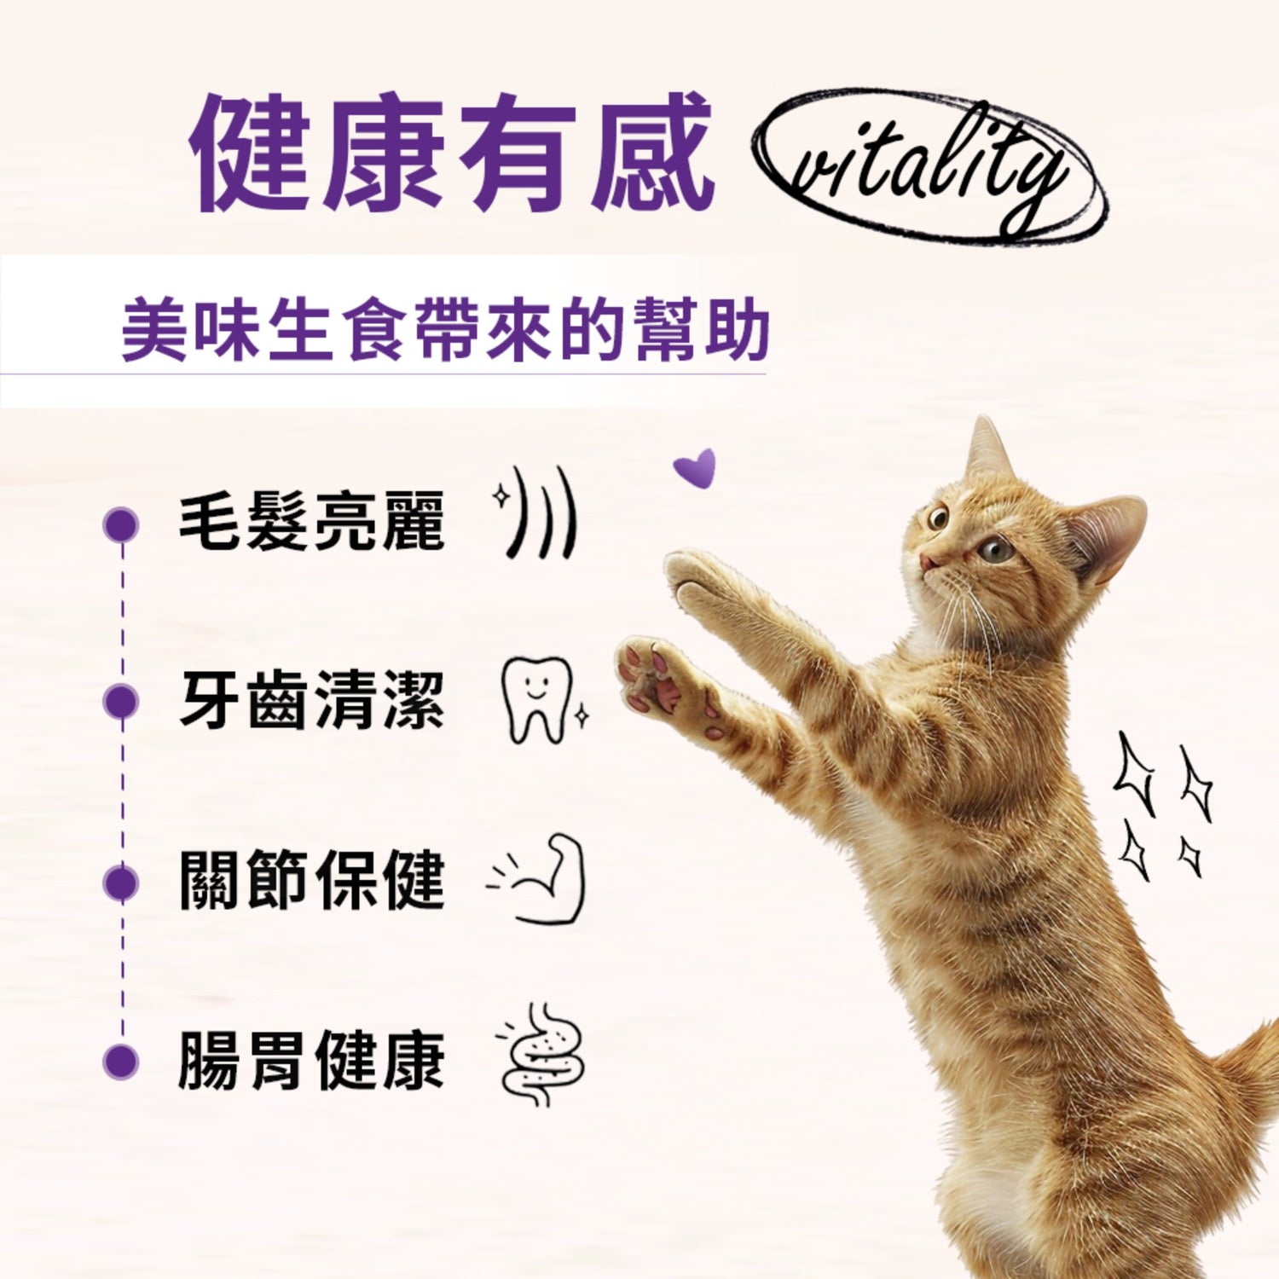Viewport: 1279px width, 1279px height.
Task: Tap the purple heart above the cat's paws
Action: [x=696, y=467]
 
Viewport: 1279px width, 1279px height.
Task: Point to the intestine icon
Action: [x=541, y=1054]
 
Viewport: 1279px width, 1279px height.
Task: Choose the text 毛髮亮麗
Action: [x=311, y=521]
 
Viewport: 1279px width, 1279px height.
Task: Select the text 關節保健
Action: [x=311, y=880]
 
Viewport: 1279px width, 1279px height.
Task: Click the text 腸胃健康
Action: [x=311, y=1060]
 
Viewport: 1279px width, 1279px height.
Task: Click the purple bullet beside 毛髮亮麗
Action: [x=121, y=524]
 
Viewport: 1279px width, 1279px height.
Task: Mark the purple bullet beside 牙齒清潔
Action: [x=121, y=702]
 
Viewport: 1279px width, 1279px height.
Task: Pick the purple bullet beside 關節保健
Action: [x=121, y=883]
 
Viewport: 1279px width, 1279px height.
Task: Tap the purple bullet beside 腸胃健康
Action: [x=121, y=1062]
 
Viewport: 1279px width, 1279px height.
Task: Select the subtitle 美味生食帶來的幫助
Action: [x=445, y=331]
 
